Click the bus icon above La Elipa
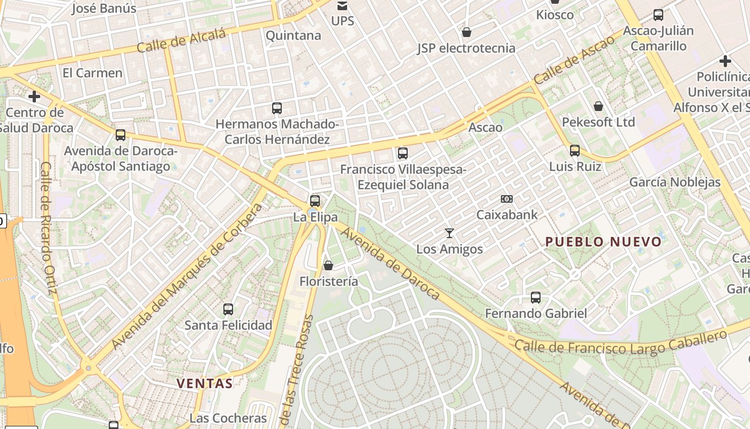point(315,201)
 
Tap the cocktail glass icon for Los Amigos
point(449,233)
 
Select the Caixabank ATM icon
point(507,199)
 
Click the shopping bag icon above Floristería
point(328,265)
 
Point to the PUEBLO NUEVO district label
point(604,242)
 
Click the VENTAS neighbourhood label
point(205,383)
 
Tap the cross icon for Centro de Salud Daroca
point(34,97)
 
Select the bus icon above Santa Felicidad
point(228,309)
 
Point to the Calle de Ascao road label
point(574,60)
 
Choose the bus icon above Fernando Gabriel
point(536,297)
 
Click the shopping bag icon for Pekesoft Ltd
point(598,106)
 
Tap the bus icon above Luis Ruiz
point(575,150)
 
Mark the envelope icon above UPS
point(342,6)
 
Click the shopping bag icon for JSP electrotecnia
point(467,32)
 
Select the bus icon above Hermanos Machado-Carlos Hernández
point(277,108)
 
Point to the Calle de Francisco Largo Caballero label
point(620,343)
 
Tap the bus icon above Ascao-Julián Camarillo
point(658,15)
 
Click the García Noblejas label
point(675,182)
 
